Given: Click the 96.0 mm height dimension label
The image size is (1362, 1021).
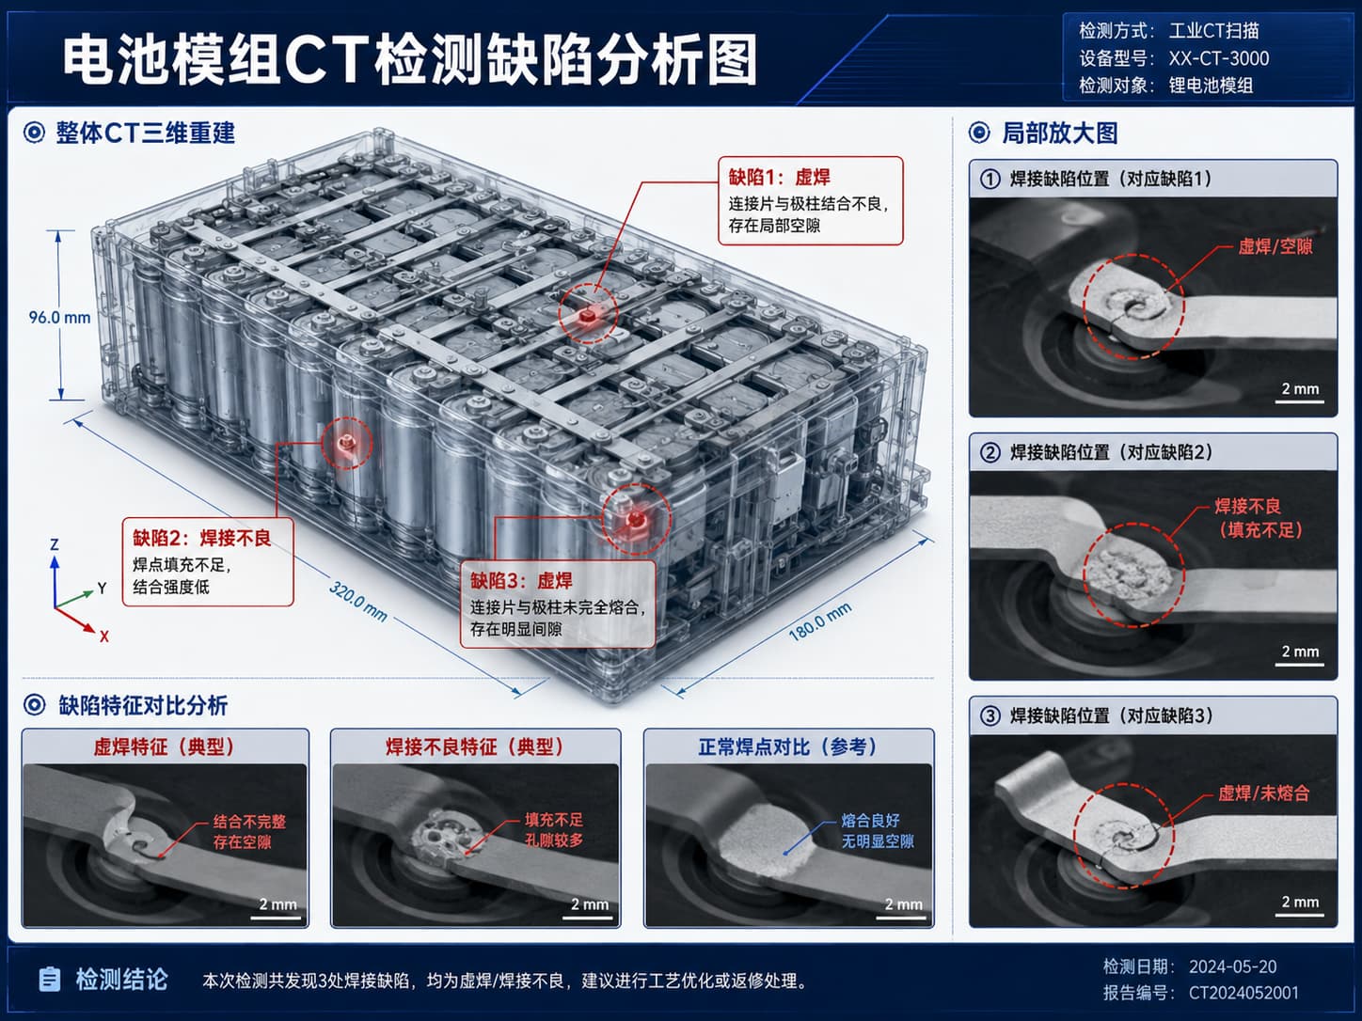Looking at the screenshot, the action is (x=59, y=318).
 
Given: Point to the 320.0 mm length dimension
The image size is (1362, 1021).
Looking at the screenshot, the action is (x=358, y=602).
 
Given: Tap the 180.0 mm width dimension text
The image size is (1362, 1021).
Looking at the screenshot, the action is (x=819, y=621).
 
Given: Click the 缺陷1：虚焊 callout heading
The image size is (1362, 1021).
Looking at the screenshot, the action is (x=779, y=178).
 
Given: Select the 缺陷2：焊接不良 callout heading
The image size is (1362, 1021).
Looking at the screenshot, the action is (x=201, y=538).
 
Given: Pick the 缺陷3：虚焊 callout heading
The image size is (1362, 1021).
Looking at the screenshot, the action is (x=521, y=581).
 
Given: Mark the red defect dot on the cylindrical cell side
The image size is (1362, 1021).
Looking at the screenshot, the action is (x=346, y=443).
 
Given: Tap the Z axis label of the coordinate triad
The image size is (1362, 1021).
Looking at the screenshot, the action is (x=55, y=545).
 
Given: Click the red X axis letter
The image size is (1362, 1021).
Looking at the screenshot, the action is (x=104, y=636).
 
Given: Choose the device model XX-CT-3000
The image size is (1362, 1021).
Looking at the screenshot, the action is (x=1219, y=58).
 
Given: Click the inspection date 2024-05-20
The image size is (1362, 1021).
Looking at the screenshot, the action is (x=1232, y=966).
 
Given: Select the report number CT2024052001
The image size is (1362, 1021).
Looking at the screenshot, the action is (x=1243, y=993).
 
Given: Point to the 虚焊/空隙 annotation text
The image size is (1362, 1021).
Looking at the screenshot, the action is (x=1275, y=246).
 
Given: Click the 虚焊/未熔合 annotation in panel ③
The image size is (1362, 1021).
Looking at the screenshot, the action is (x=1264, y=793).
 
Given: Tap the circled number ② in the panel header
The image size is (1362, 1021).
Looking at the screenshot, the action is (x=990, y=452).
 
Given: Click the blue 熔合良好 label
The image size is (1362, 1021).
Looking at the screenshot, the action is (x=871, y=820).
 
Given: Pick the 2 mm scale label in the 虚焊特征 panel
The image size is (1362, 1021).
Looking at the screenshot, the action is (x=278, y=903).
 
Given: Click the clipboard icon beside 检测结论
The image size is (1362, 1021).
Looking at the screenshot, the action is (x=49, y=980).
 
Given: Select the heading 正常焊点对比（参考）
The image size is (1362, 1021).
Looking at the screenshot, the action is (x=788, y=747).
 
